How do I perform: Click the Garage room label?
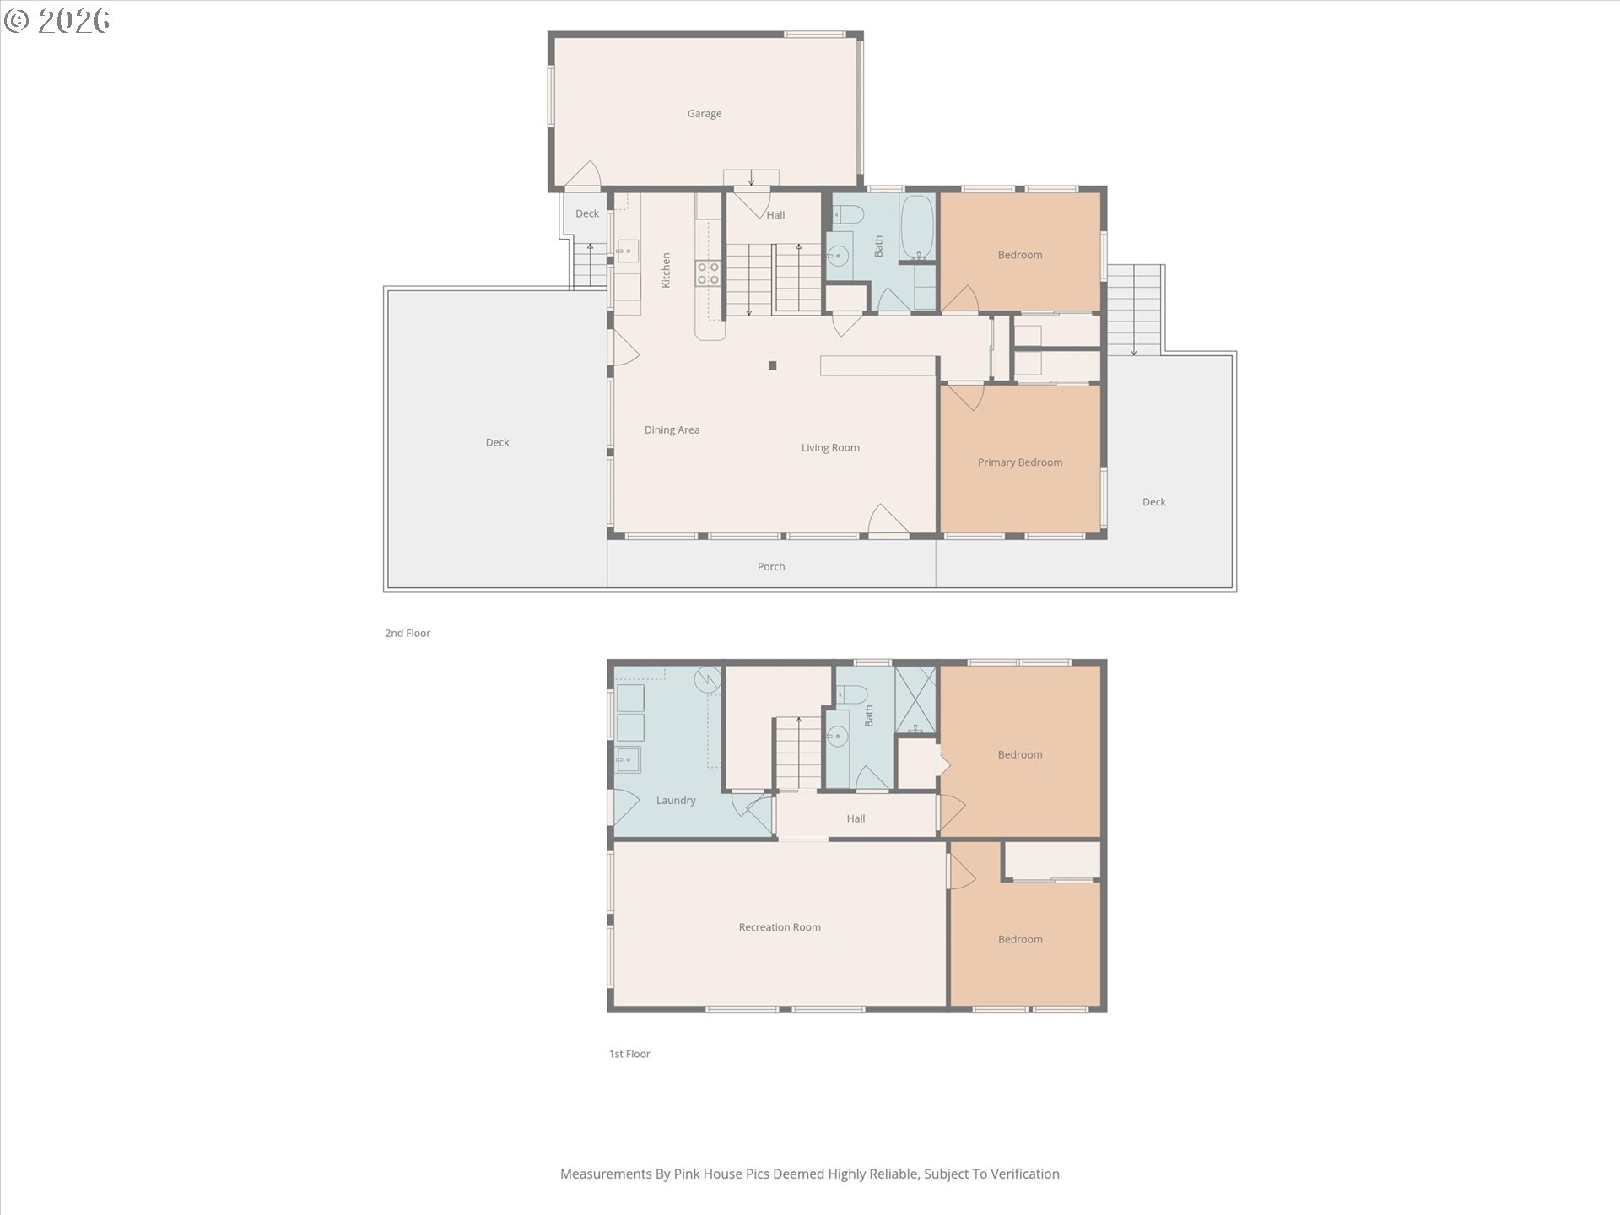tap(705, 114)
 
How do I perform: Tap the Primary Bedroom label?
tap(1020, 462)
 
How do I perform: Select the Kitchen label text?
tap(666, 270)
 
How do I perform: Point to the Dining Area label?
tap(672, 429)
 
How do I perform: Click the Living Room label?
tap(830, 448)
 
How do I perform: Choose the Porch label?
tap(771, 567)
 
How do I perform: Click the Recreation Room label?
tap(780, 927)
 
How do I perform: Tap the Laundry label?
tap(676, 801)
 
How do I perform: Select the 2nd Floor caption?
tap(408, 633)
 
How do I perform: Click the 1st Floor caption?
tap(629, 1054)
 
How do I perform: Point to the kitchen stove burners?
tap(708, 273)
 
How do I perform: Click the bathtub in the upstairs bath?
tap(917, 227)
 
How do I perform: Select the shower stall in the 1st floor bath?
tap(915, 699)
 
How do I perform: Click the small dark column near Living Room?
tap(772, 365)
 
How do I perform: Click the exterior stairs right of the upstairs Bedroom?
tap(1135, 310)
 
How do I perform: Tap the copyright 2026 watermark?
tap(57, 21)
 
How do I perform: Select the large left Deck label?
tap(497, 442)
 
